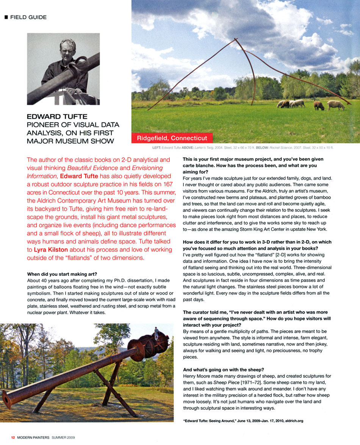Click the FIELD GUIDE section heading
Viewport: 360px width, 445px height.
28,17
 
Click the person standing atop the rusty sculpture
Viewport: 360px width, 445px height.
156,332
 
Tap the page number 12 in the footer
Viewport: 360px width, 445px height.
13,437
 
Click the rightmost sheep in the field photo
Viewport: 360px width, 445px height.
336,105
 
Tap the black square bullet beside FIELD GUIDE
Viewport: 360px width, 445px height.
6,17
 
